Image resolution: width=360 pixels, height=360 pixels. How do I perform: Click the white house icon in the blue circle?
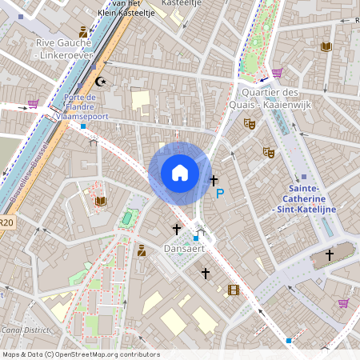[x=179, y=173]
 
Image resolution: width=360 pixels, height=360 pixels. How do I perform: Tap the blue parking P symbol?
[x=220, y=194]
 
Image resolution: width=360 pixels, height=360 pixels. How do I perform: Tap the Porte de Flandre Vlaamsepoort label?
[x=81, y=107]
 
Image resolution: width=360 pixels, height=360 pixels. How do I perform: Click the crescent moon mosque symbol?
[x=100, y=81]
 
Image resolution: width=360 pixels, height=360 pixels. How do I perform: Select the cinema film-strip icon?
[x=234, y=290]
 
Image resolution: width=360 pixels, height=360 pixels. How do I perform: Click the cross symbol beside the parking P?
[x=214, y=181]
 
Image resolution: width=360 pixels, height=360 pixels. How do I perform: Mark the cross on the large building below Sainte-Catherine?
[x=329, y=255]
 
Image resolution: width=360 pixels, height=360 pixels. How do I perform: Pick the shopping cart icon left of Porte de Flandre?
[x=33, y=103]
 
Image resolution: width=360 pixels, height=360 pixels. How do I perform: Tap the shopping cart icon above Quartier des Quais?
[x=277, y=73]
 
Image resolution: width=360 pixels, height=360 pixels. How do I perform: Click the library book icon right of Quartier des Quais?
[x=326, y=47]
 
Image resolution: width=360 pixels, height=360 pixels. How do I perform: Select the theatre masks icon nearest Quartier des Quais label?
[x=250, y=124]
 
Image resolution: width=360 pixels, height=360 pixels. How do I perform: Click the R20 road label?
[x=6, y=223]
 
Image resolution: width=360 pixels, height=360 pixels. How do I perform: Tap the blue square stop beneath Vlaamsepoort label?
[x=83, y=126]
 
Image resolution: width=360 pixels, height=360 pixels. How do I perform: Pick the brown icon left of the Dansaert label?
[x=142, y=250]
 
